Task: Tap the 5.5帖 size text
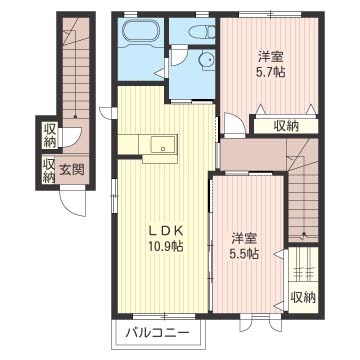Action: click(245, 254)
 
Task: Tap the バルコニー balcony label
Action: click(156, 330)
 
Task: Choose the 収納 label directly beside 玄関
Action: click(49, 170)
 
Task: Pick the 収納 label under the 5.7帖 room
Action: click(285, 125)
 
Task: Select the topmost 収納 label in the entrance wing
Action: click(49, 133)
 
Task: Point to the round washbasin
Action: click(204, 61)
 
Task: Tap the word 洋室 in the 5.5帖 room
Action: click(245, 238)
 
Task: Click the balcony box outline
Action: click(157, 330)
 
